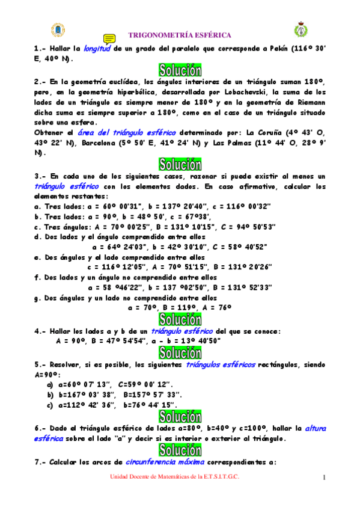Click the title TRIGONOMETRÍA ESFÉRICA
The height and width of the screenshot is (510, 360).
(181, 35)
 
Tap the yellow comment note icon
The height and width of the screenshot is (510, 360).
(109, 38)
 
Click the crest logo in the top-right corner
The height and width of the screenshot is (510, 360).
(301, 29)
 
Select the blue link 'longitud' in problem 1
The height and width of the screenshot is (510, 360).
(97, 49)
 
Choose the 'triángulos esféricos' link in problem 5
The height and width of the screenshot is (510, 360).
(221, 364)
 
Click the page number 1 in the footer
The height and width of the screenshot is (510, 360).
(323, 479)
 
